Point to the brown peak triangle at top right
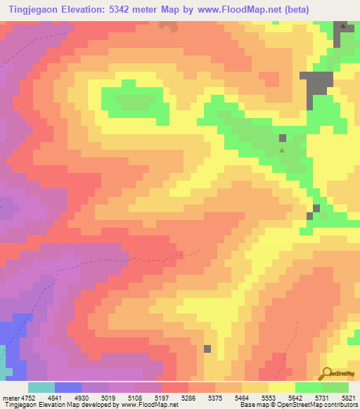(344, 26)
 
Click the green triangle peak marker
(283, 150)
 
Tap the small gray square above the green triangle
(283, 138)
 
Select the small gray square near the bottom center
(207, 349)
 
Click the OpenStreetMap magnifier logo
(326, 373)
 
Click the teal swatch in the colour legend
(41, 387)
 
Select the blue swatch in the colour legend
(67, 387)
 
